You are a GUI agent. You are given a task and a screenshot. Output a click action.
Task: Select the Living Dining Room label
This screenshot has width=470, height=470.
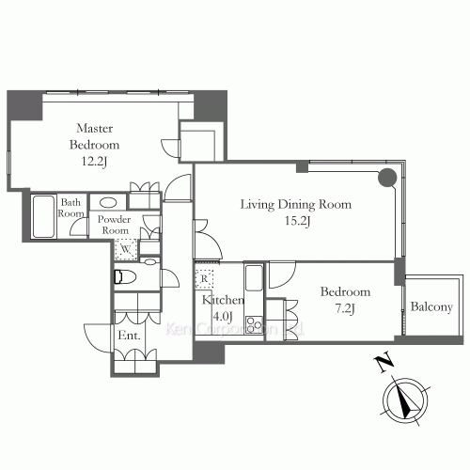pyautogui.click(x=295, y=204)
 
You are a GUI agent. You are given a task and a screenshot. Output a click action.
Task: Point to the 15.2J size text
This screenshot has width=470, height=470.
pyautogui.click(x=295, y=222)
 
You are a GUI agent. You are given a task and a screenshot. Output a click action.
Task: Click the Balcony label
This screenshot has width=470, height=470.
pyautogui.click(x=431, y=307)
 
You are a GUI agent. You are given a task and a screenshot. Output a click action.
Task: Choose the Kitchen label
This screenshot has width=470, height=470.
pyautogui.click(x=223, y=300)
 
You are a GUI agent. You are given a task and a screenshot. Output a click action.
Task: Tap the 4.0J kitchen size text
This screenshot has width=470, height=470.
pyautogui.click(x=223, y=318)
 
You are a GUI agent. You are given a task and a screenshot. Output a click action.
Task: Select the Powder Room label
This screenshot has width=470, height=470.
pyautogui.click(x=115, y=224)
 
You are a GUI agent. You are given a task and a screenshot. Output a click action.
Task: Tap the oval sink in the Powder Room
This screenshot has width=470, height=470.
pyautogui.click(x=108, y=202)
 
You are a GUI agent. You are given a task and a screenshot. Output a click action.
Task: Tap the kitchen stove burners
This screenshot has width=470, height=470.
pyautogui.click(x=254, y=325)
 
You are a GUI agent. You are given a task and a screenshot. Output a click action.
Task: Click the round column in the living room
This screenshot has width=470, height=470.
pyautogui.click(x=387, y=178)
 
